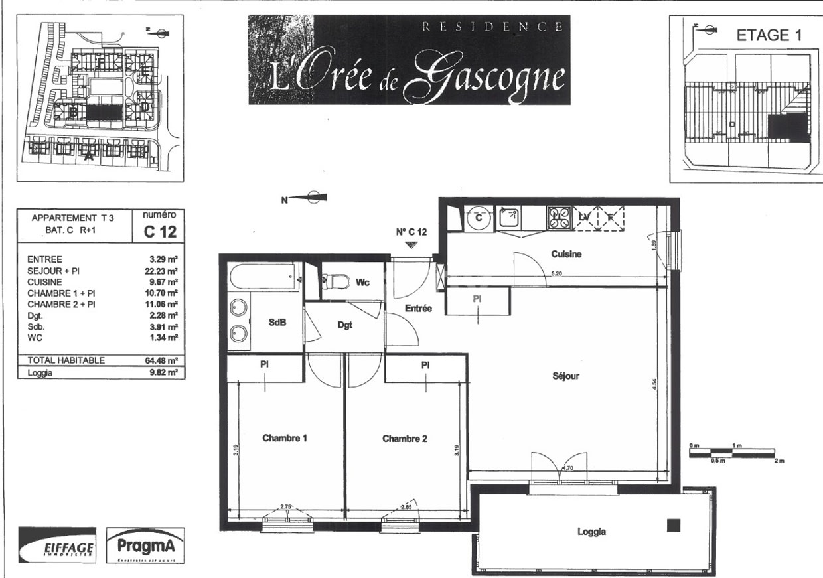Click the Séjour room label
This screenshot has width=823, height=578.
565,376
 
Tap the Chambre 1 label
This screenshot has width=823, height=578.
284,438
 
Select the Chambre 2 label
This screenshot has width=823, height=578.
404,438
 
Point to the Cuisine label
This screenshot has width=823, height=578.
567,253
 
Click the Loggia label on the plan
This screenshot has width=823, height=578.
591,532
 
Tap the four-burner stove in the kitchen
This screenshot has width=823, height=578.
559,218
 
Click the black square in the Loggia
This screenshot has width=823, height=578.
674,526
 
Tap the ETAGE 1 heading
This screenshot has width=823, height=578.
769,36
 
